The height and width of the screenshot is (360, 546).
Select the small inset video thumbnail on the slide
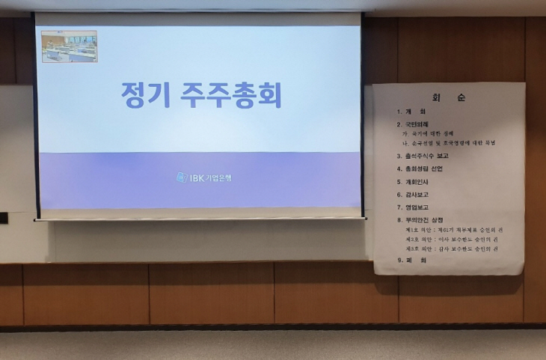[x=69, y=46]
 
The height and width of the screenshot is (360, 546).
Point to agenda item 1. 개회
[x=412, y=112]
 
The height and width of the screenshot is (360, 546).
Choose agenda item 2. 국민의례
[x=416, y=123]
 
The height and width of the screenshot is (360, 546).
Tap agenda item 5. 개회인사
[x=416, y=181]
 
